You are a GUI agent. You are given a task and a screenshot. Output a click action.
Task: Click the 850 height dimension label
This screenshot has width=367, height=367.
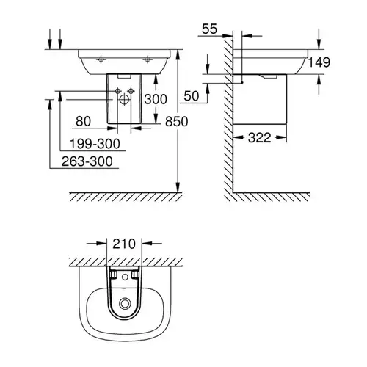click(x=176, y=121)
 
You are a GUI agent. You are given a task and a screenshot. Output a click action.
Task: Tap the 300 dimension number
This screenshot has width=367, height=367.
click(x=156, y=99)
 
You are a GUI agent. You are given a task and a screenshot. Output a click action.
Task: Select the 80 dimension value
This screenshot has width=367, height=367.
click(x=83, y=121)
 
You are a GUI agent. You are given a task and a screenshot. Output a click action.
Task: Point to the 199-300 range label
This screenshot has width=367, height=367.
click(x=95, y=144)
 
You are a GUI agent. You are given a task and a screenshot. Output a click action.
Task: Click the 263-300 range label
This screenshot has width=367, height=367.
click(x=87, y=161)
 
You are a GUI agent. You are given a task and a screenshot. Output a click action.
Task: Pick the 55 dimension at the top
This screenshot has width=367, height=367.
click(x=209, y=29)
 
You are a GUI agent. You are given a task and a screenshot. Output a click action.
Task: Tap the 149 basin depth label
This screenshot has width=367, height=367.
click(x=319, y=62)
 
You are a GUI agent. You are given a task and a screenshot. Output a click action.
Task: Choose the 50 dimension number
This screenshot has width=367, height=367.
click(x=192, y=95)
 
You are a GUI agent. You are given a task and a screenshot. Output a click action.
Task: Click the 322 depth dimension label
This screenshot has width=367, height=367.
click(x=260, y=137)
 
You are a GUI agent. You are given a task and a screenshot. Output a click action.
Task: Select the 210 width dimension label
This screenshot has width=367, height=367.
click(x=124, y=244)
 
